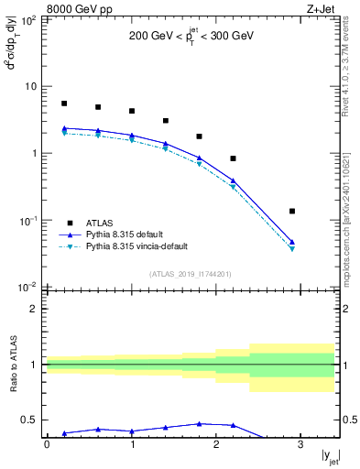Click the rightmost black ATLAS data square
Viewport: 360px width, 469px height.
(x=292, y=212)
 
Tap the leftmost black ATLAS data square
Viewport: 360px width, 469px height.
(x=64, y=104)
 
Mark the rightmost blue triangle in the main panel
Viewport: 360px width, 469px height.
(x=292, y=242)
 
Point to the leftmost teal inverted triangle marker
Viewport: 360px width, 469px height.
(x=64, y=133)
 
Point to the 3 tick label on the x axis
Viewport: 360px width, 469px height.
(x=300, y=446)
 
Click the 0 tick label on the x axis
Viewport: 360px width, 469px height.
(x=47, y=446)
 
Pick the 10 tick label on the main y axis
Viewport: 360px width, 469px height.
(x=31, y=86)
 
